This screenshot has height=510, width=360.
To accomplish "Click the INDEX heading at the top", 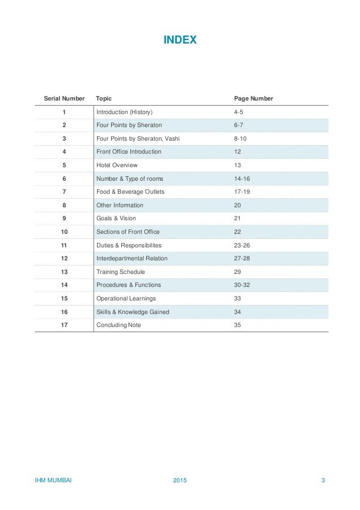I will click(x=179, y=40).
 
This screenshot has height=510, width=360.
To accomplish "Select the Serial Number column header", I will click(x=64, y=98).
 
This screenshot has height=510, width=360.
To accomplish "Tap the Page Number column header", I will click(x=253, y=98).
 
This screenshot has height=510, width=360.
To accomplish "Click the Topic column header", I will click(x=104, y=98).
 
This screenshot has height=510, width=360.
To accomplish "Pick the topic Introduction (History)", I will click(x=125, y=112).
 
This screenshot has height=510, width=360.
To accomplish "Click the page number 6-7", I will click(x=239, y=125).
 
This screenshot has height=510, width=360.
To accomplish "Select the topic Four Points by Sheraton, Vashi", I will click(x=138, y=138).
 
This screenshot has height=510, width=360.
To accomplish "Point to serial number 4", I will click(x=64, y=152).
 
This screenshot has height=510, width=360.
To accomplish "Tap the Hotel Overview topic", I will click(x=117, y=165).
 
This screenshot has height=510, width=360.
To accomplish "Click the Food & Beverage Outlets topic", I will click(x=130, y=192).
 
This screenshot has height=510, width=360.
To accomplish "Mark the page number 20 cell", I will click(x=237, y=205).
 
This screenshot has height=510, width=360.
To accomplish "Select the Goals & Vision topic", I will click(x=116, y=218).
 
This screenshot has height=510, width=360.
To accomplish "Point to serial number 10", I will click(x=64, y=232).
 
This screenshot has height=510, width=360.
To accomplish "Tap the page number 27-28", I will click(x=242, y=259).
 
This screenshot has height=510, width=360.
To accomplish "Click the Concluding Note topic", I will click(x=118, y=325).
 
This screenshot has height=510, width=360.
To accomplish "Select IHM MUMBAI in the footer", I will click(x=54, y=481).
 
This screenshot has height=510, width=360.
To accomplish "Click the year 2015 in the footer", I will click(x=180, y=481).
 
